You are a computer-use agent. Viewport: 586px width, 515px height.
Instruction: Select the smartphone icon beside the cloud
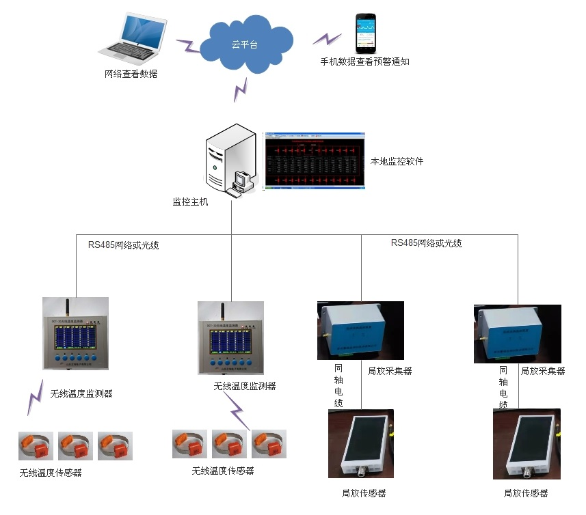tap(365, 34)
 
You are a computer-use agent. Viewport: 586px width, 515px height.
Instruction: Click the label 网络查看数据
tap(131, 74)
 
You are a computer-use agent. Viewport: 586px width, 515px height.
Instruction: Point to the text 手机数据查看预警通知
tap(364, 61)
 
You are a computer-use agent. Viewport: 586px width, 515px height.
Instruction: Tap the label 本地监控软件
tap(397, 162)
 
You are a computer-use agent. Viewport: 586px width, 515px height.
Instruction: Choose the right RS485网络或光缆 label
tap(426, 242)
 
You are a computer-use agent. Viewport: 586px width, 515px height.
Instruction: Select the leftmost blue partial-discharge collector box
tap(360, 330)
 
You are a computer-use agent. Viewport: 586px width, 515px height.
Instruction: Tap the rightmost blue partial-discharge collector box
tap(517, 334)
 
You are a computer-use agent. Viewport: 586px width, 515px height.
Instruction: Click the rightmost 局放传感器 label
tap(526, 493)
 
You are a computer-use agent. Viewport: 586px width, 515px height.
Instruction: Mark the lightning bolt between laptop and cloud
tap(187, 46)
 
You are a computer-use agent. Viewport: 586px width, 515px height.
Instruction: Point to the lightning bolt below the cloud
tap(240, 89)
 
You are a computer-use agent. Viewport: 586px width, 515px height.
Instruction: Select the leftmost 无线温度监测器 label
tap(81, 393)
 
